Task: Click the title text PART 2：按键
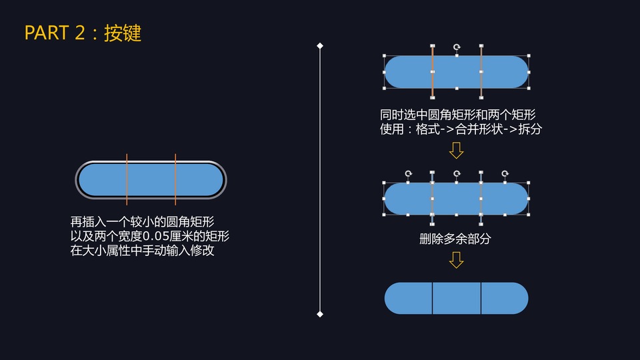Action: tap(83, 33)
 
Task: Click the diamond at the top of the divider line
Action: tap(320, 46)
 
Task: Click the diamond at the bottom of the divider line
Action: tap(320, 314)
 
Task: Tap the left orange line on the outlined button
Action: tap(127, 179)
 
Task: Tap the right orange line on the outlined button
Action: tap(175, 179)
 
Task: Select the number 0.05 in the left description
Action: tap(157, 237)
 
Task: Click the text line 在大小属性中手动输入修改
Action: tap(142, 252)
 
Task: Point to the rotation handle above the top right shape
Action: tap(457, 47)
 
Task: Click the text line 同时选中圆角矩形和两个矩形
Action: tap(459, 114)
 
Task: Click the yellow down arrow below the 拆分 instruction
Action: tap(456, 150)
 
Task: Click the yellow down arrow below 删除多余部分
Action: tap(456, 259)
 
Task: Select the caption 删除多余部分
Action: tap(455, 238)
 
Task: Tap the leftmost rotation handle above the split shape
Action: tap(409, 173)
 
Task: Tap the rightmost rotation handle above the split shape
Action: tap(505, 173)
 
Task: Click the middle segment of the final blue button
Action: tap(457, 299)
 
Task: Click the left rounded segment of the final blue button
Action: tap(409, 299)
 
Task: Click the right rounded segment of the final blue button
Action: tap(505, 299)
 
